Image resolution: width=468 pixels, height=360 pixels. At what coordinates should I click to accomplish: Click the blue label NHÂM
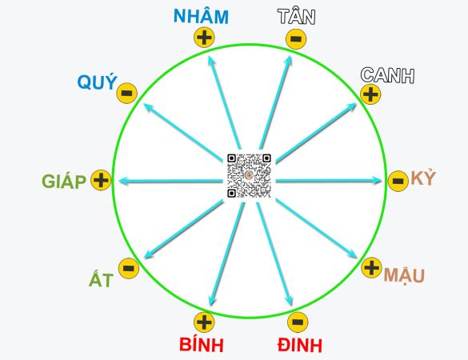point(201,16)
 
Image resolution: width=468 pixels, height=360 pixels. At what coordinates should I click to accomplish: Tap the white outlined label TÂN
point(296,17)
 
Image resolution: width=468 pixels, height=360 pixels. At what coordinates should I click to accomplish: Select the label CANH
point(387,74)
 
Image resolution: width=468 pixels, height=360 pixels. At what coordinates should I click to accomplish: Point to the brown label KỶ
point(423,178)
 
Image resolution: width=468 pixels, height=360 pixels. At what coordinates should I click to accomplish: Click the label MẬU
point(404,275)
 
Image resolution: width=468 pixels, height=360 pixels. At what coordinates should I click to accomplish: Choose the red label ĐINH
point(300,346)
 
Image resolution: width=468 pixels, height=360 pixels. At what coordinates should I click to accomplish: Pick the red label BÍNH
point(202,345)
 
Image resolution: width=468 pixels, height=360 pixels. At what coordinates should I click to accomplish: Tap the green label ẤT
point(101,279)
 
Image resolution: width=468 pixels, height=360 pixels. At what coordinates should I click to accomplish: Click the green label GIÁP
point(64,182)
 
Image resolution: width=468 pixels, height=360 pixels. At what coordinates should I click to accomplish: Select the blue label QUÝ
point(98,82)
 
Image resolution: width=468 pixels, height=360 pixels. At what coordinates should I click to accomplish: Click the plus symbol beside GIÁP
point(101,180)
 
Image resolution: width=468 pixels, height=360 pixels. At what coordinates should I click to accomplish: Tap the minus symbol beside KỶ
point(398,181)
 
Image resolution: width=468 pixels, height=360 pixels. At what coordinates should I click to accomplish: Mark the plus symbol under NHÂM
point(204,38)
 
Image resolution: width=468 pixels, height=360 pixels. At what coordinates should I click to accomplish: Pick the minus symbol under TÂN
point(296,39)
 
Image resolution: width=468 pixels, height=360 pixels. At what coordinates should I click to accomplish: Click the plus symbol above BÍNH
point(204,322)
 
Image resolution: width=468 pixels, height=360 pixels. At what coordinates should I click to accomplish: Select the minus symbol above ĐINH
point(298,322)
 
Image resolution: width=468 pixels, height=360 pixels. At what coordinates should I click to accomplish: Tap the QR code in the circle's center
point(249,175)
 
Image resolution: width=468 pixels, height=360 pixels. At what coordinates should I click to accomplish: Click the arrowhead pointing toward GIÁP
point(124,181)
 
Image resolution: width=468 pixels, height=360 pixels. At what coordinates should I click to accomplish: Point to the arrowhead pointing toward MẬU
point(352,254)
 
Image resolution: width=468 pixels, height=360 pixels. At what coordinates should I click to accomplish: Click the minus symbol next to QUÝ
point(127,93)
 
